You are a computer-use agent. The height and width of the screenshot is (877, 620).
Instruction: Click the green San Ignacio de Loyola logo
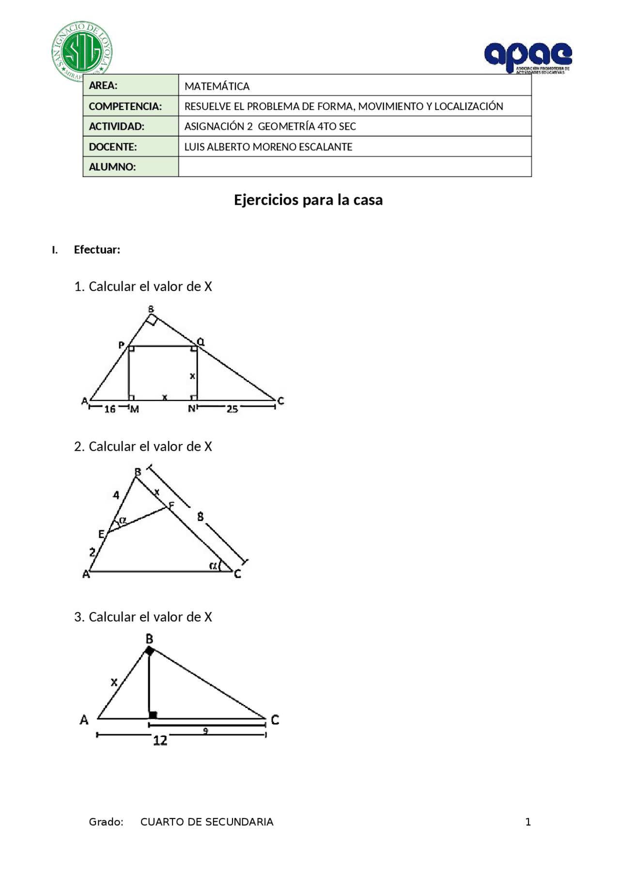82,51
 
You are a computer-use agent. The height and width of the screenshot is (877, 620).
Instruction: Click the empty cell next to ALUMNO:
355,167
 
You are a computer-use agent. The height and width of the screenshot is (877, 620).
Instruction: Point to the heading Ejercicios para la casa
308,200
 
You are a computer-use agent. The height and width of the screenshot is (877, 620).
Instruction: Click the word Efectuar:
97,249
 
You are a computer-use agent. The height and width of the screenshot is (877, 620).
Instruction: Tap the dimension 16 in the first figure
110,409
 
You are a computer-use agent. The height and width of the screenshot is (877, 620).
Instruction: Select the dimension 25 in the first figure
232,409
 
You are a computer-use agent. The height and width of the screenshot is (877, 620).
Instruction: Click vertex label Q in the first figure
201,342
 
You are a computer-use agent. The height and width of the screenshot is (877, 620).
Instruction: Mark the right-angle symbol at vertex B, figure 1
152,320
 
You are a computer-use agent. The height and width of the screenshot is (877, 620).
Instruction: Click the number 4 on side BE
116,495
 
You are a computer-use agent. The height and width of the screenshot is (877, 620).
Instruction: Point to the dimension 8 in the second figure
200,517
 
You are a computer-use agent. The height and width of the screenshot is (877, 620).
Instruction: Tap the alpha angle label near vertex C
213,565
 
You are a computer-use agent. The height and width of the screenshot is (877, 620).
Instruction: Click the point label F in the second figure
171,505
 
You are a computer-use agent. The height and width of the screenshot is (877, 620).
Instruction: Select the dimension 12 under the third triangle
160,740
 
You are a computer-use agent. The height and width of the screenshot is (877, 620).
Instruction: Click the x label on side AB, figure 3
114,682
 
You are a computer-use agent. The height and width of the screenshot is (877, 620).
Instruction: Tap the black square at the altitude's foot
153,715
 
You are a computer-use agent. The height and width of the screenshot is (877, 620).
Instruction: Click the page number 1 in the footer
528,822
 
